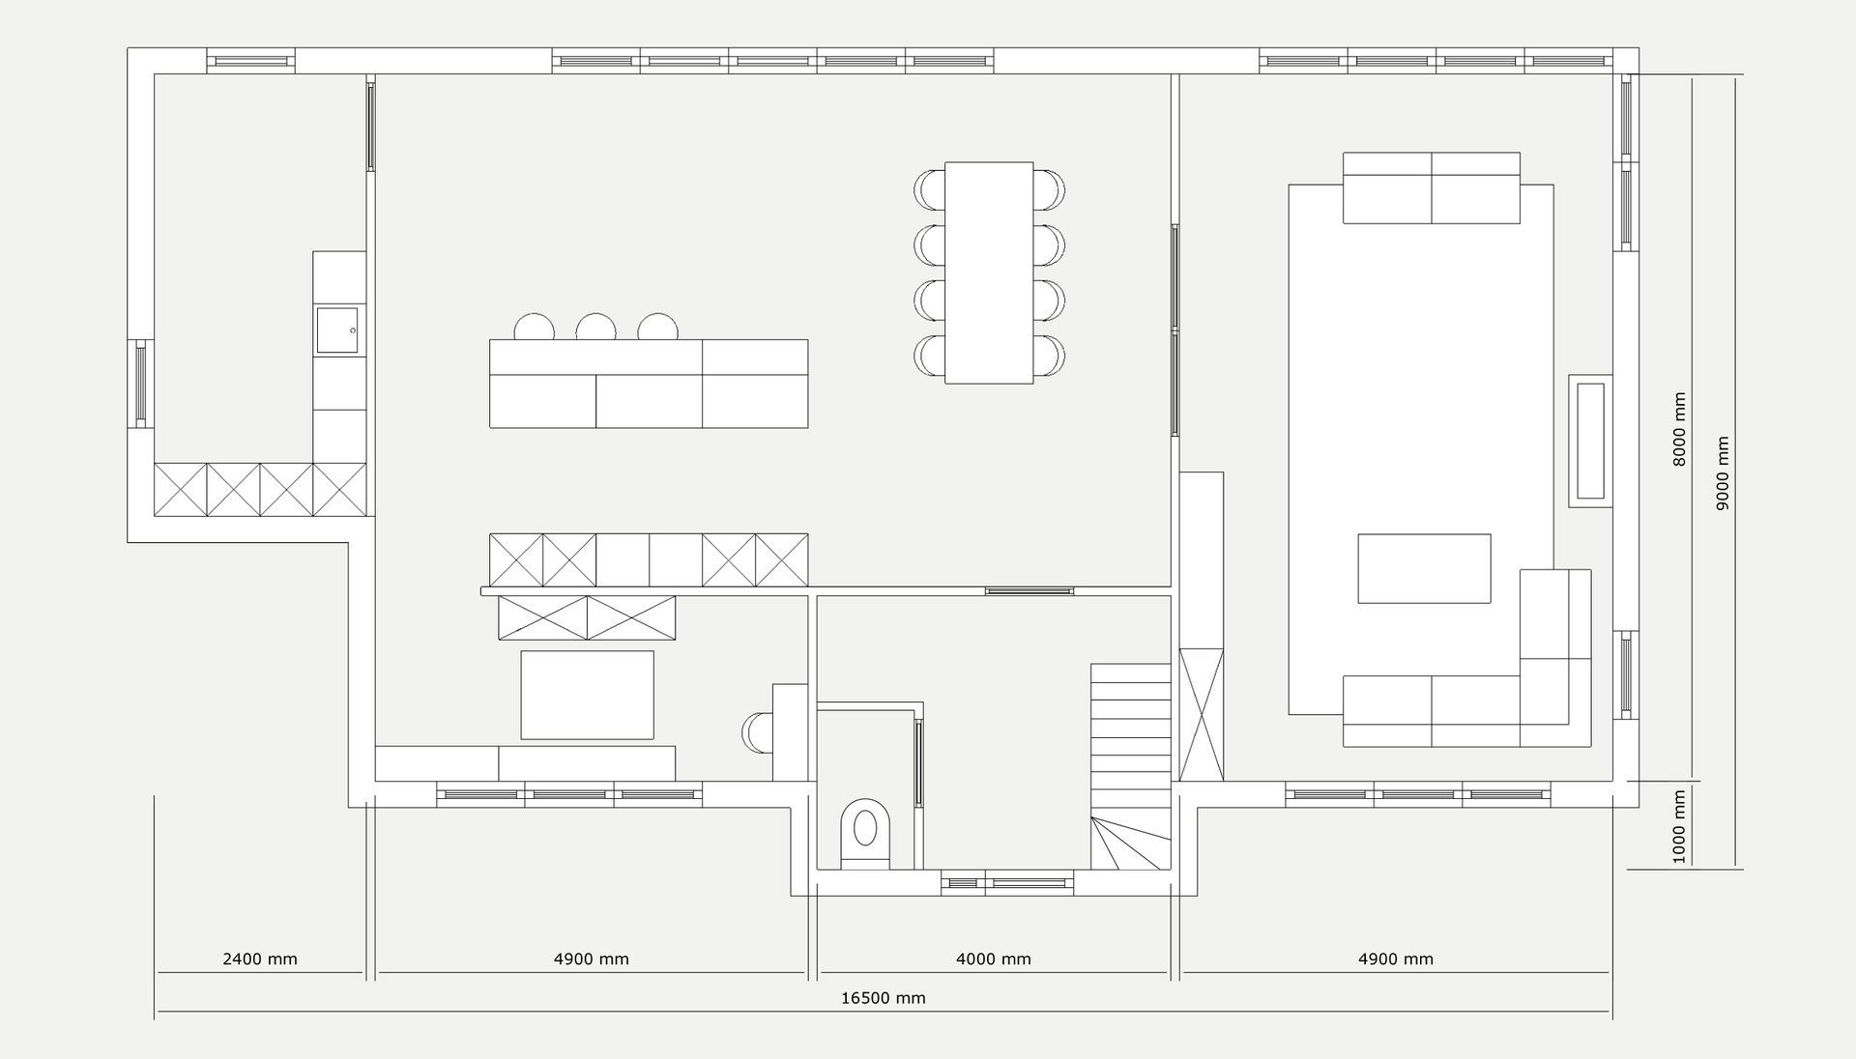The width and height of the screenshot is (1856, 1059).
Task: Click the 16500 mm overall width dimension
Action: pos(883,998)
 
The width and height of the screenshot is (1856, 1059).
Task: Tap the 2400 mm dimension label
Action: pos(260,959)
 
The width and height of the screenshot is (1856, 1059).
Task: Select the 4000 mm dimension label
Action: pos(993,959)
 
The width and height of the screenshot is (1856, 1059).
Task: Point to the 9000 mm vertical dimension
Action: pos(1723,473)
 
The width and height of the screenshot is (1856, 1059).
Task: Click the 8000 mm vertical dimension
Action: pos(1679,429)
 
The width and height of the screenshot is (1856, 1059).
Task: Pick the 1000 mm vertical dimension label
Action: pos(1679,827)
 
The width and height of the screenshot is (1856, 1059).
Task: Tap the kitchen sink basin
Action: pos(335,329)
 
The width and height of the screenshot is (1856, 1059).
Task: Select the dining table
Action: pos(989,272)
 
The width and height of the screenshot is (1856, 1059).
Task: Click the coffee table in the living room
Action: pos(1424,568)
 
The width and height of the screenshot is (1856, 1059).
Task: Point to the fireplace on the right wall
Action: pos(1590,441)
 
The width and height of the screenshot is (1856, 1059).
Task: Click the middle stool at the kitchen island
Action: pos(595,327)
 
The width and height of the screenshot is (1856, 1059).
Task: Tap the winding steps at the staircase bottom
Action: pos(1131,843)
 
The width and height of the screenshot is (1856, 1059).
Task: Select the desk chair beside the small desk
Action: pos(757,731)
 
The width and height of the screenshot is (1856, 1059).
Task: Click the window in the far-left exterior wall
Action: pos(141,384)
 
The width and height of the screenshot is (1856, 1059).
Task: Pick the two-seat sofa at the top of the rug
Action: pos(1432,187)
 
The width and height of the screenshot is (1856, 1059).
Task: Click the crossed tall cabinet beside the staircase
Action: pos(1202,714)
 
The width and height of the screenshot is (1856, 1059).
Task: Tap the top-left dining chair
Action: pos(929,188)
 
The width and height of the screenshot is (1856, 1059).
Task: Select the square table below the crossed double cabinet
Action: pos(587,695)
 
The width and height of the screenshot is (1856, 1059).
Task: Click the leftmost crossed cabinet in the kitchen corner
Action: pos(181,490)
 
